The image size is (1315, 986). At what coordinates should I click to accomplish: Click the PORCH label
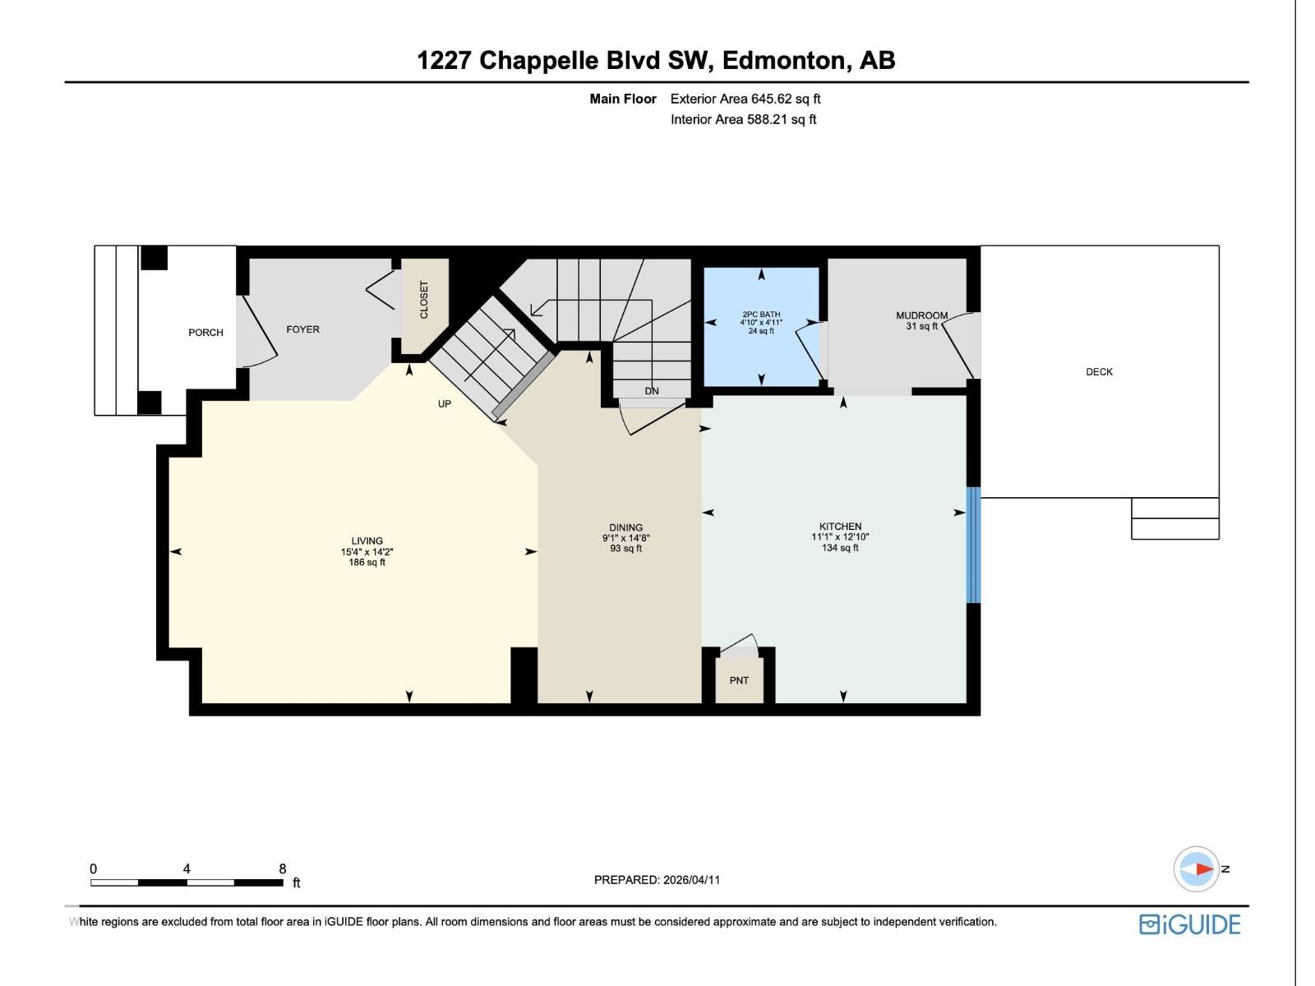[x=205, y=333]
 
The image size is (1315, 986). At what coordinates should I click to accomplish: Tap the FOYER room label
[x=302, y=329]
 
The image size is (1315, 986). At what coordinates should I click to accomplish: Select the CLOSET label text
[x=424, y=300]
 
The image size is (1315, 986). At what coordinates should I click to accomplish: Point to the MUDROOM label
[x=921, y=316]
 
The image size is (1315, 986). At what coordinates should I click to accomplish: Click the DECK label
[x=1099, y=372]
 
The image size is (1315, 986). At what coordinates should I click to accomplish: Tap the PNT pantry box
[x=739, y=680]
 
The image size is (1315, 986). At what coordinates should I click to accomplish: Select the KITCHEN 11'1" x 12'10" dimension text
[x=840, y=537]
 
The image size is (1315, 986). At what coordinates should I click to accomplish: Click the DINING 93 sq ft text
[x=625, y=549]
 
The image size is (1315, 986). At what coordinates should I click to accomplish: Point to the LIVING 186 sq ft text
[x=367, y=563]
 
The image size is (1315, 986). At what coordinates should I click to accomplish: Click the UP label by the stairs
[x=444, y=404]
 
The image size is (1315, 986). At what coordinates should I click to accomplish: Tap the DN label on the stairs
[x=652, y=391]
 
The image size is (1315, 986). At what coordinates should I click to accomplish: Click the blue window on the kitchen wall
[x=973, y=545]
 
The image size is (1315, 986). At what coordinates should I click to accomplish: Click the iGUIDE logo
[x=1189, y=924]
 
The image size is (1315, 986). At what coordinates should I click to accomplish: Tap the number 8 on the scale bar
[x=283, y=869]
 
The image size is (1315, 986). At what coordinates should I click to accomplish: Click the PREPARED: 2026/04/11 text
[x=657, y=880]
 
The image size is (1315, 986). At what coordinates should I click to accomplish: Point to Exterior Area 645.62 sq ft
[x=745, y=99]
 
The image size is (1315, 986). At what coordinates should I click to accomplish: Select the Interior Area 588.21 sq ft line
[x=743, y=119]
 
